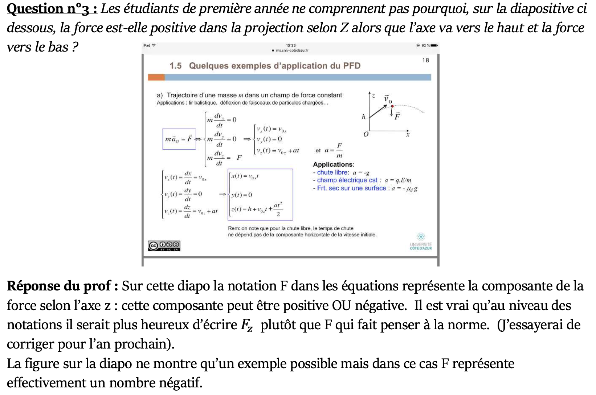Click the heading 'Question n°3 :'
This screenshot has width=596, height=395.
pos(52,9)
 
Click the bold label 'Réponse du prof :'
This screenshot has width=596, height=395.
pos(62,286)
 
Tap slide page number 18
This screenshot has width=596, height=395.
pos(425,60)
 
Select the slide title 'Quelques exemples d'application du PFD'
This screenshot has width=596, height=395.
pos(274,66)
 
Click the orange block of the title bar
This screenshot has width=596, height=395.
pos(156,77)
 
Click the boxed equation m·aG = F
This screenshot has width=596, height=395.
pos(179,139)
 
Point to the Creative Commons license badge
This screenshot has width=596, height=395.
pos(164,246)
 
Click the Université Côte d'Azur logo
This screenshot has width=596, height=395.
pos(421,241)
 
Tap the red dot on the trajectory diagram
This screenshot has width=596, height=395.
pos(392,106)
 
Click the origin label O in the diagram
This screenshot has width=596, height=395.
pos(366,134)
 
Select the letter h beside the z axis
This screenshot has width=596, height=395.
pos(363,117)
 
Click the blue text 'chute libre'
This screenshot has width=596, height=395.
pos(332,172)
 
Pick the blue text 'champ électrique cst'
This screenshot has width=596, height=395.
pos(347,180)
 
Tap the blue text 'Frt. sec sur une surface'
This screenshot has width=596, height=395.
pos(351,188)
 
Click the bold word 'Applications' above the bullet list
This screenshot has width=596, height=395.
pos(333,164)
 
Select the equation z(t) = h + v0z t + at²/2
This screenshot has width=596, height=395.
pos(257,209)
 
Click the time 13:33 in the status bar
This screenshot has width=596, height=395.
pos(291,45)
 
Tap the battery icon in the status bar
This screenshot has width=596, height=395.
pos(434,45)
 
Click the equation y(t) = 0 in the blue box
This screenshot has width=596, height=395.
pos(242,195)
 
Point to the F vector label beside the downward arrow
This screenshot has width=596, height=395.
pos(397,116)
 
